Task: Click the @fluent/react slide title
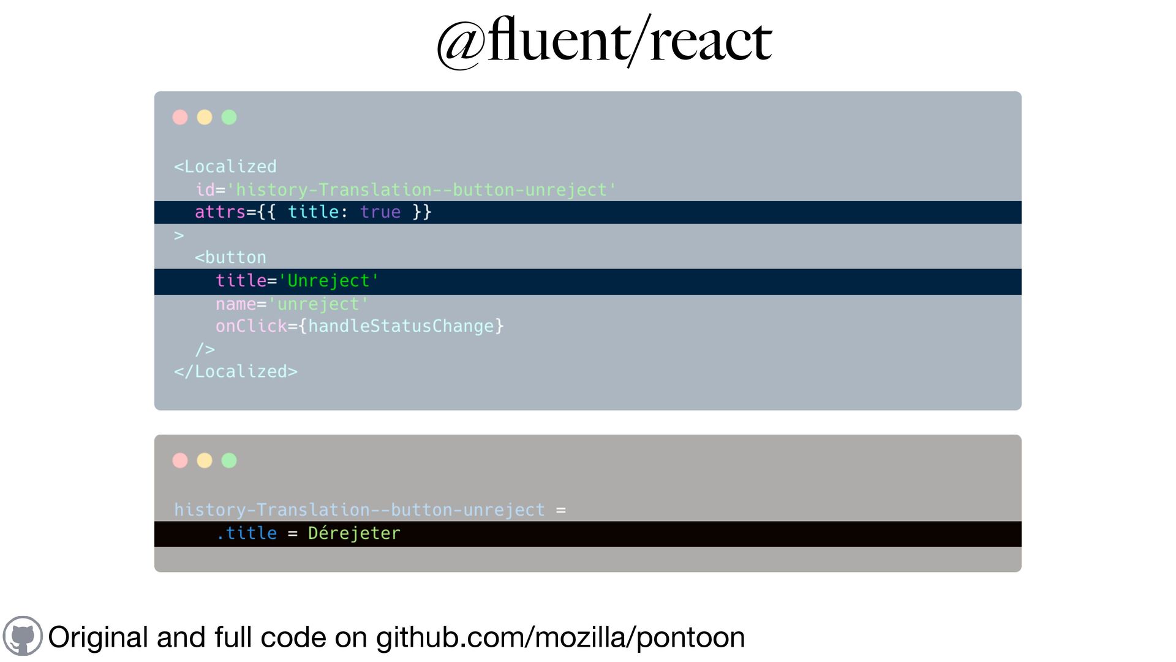click(x=604, y=42)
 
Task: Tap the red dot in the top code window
click(x=180, y=117)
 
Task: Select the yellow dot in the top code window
click(x=205, y=117)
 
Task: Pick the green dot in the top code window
click(x=229, y=117)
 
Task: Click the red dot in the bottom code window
click(x=180, y=460)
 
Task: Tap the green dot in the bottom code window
click(x=229, y=460)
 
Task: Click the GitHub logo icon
click(x=23, y=636)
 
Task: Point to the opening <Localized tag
click(x=225, y=167)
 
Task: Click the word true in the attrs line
click(x=380, y=212)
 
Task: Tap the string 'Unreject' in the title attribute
click(x=329, y=281)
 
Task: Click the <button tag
click(x=230, y=257)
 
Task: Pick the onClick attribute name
click(x=251, y=326)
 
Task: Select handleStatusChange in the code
click(x=401, y=326)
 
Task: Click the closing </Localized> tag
click(x=236, y=371)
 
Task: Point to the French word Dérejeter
click(x=354, y=533)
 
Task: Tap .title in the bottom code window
click(x=247, y=533)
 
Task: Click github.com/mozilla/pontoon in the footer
click(x=560, y=637)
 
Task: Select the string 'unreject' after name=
click(x=318, y=304)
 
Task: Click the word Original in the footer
click(x=98, y=637)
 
